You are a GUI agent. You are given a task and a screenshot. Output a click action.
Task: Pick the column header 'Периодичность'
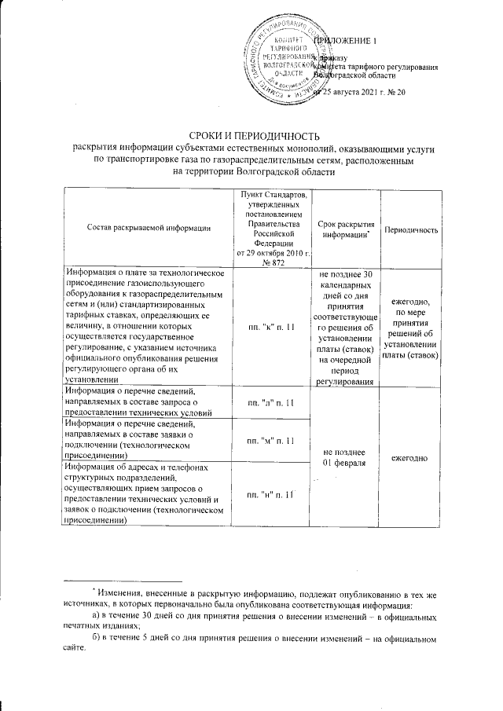[411, 229]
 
